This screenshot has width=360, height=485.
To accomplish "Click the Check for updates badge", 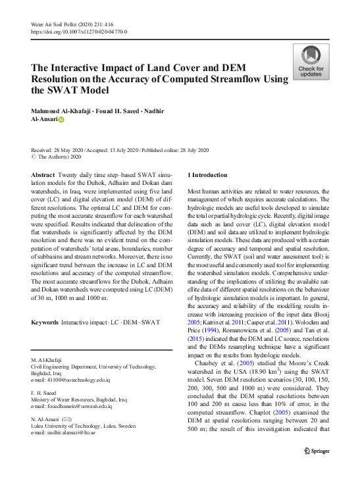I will [311, 62].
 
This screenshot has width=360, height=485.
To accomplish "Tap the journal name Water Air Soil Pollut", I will [59, 24].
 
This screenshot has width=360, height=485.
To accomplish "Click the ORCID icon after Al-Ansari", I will [62, 120].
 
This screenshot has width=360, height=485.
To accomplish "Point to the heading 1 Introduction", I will [208, 175].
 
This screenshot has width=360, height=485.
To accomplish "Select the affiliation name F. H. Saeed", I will [43, 394].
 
